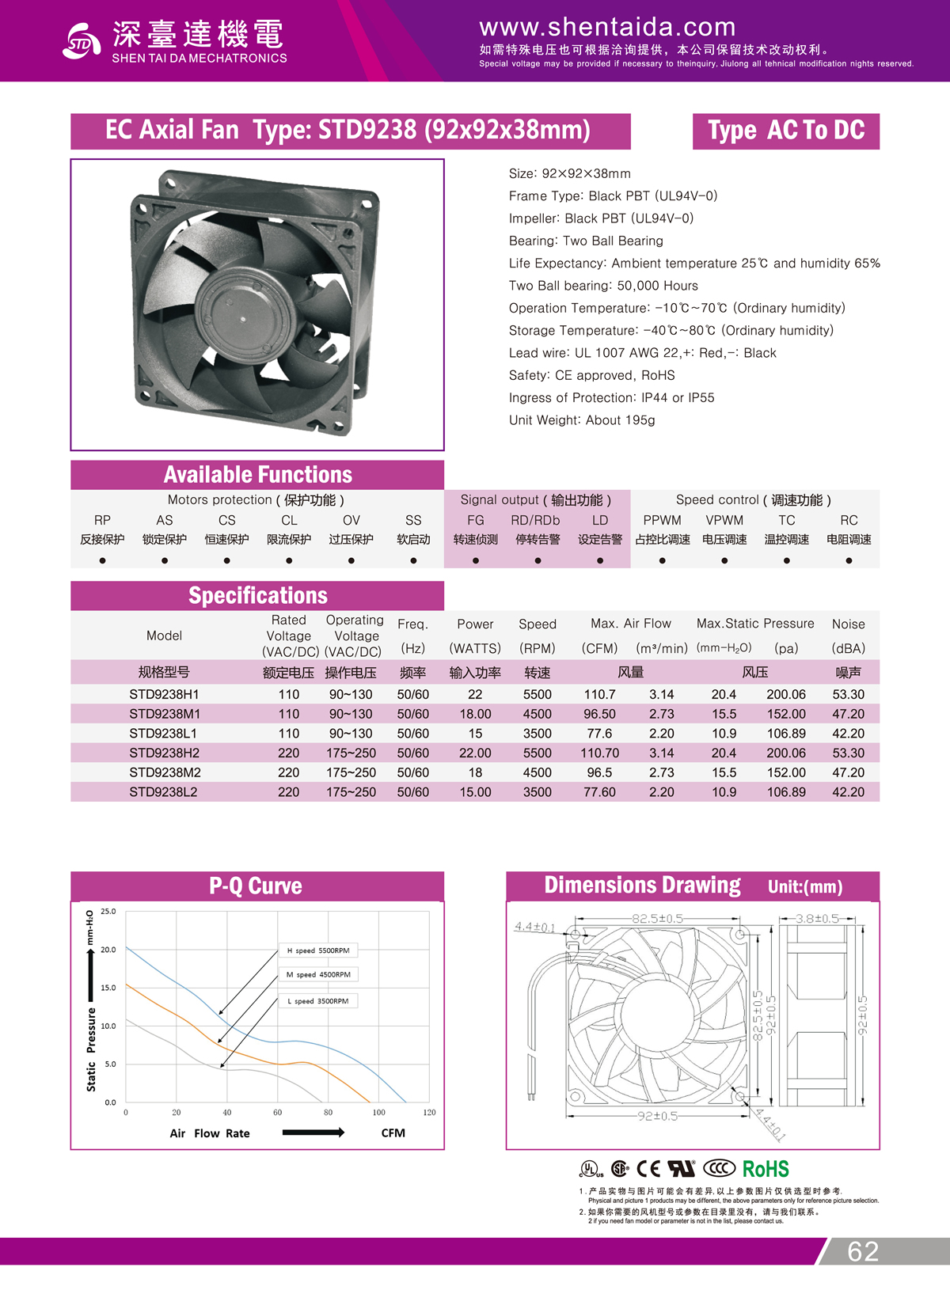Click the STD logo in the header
pyautogui.click(x=81, y=41)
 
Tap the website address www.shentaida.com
pyautogui.click(x=607, y=28)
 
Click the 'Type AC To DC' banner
pyautogui.click(x=785, y=131)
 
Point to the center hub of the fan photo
pyautogui.click(x=241, y=317)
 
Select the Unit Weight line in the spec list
pyautogui.click(x=582, y=420)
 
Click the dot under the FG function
pyautogui.click(x=475, y=560)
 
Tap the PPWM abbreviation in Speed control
pyautogui.click(x=662, y=520)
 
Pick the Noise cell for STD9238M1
pyautogui.click(x=848, y=714)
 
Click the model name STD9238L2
pyautogui.click(x=164, y=791)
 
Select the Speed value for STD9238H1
pyautogui.click(x=537, y=694)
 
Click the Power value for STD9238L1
pyautogui.click(x=475, y=734)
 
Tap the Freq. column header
pyautogui.click(x=412, y=624)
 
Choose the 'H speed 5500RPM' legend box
pyautogui.click(x=317, y=950)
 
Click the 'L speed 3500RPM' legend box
pyautogui.click(x=317, y=1001)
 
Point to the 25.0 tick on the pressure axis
pyautogui.click(x=108, y=912)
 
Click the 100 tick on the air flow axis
pyautogui.click(x=379, y=1113)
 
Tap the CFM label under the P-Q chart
pyautogui.click(x=393, y=1133)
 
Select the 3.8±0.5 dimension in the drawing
pyautogui.click(x=817, y=919)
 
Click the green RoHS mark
pyautogui.click(x=766, y=1169)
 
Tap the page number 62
pyautogui.click(x=863, y=1251)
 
